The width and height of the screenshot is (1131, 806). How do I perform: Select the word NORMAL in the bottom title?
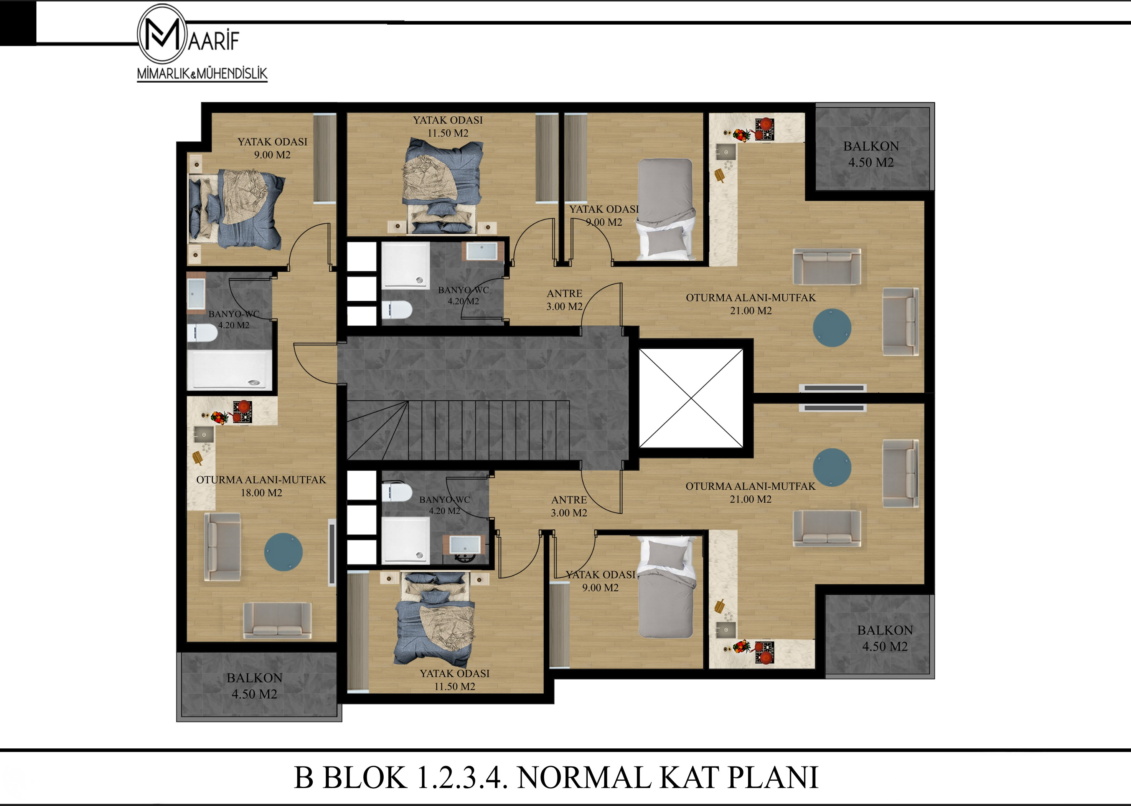[x=584, y=777]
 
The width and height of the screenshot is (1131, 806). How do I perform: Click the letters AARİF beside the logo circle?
[x=214, y=41]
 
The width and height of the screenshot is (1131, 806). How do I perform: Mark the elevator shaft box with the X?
[x=691, y=398]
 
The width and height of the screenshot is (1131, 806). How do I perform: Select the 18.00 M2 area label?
[x=261, y=493]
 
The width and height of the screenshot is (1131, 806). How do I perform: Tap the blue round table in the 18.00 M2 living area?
[x=283, y=552]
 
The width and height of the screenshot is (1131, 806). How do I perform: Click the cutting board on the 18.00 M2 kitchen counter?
[x=198, y=457]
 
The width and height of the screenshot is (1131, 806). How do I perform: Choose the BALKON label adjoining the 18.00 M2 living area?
[x=254, y=678]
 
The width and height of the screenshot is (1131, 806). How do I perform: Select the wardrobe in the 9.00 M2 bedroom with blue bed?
[x=325, y=158]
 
